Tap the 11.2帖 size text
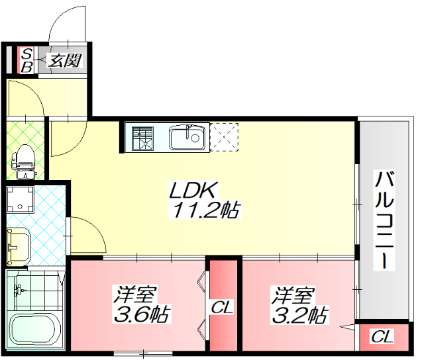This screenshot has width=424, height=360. (x=207, y=210)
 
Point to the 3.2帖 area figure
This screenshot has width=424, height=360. (x=300, y=314)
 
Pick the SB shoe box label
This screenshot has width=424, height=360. (x=27, y=60)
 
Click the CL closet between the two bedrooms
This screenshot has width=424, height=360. (x=223, y=308)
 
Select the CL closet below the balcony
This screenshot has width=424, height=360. (x=381, y=337)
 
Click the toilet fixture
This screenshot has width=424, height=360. (x=24, y=159)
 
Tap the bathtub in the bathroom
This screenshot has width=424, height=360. (x=36, y=329)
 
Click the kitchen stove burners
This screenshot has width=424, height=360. (x=142, y=138)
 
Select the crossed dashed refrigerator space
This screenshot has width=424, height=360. (x=224, y=138)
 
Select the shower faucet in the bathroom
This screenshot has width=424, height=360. (x=21, y=289)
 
